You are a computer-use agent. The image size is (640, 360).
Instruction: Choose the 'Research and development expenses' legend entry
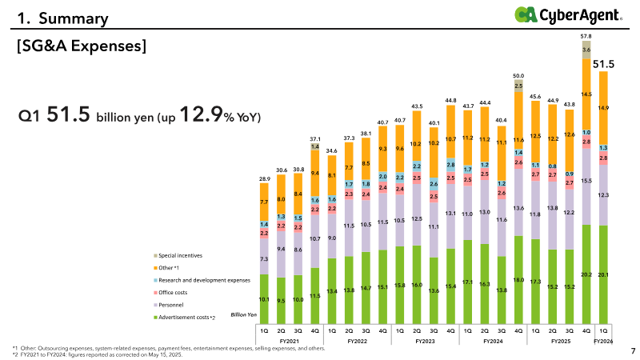(203, 280)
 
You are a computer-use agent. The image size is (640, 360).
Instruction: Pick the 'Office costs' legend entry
(174, 293)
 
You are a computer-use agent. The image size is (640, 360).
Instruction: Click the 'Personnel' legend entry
(172, 306)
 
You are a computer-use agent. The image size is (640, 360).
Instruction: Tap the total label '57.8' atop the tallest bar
(586, 37)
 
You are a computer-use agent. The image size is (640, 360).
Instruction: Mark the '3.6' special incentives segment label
(586, 50)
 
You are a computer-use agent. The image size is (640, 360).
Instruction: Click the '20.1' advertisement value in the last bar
(603, 274)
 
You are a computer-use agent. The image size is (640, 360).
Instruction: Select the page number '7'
(632, 350)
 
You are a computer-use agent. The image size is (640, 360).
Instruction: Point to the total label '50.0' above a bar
(518, 75)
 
